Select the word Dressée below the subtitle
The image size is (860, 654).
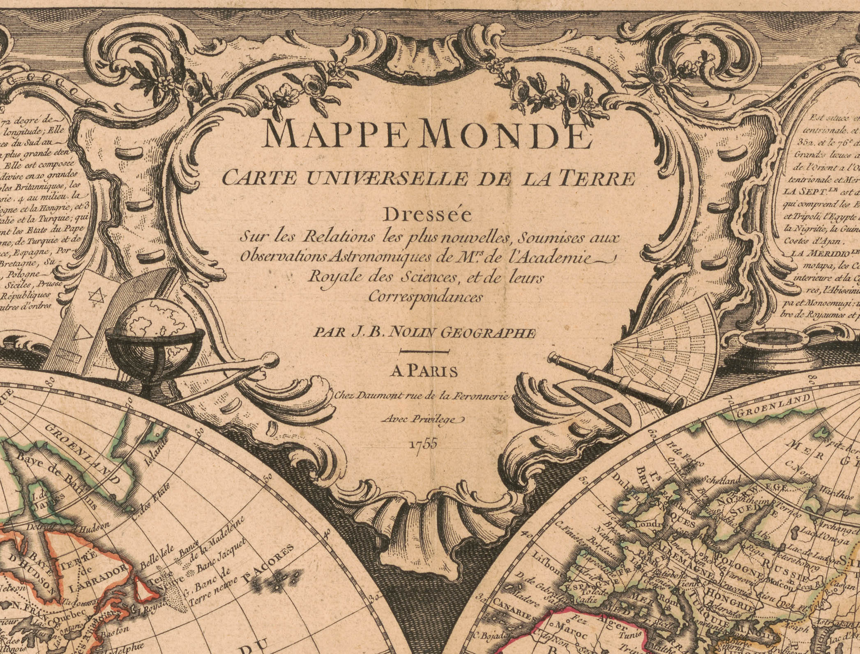point(427,215)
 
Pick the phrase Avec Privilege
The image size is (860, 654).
point(423,419)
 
